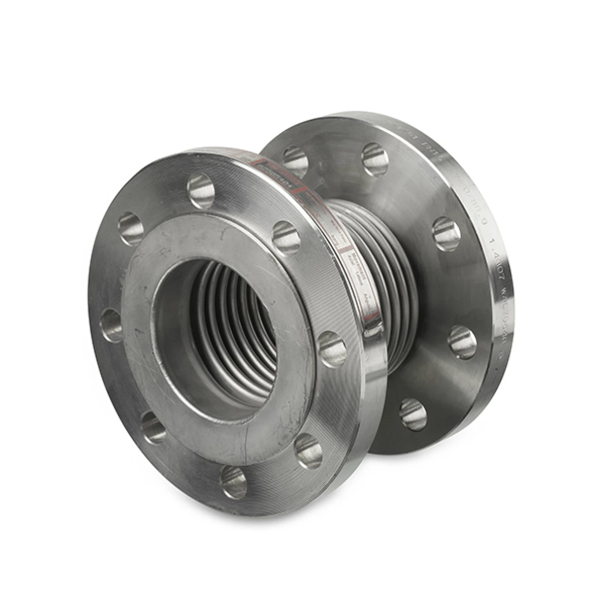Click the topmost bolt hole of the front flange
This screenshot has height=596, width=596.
point(201,191)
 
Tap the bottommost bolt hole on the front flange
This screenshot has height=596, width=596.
point(234,481)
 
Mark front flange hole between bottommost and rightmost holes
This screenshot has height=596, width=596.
point(308,451)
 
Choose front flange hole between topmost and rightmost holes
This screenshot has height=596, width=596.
point(287,237)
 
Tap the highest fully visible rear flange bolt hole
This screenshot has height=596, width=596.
point(375,159)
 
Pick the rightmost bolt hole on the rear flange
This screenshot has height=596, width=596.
point(462,342)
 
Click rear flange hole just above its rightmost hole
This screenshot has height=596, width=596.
point(447,233)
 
